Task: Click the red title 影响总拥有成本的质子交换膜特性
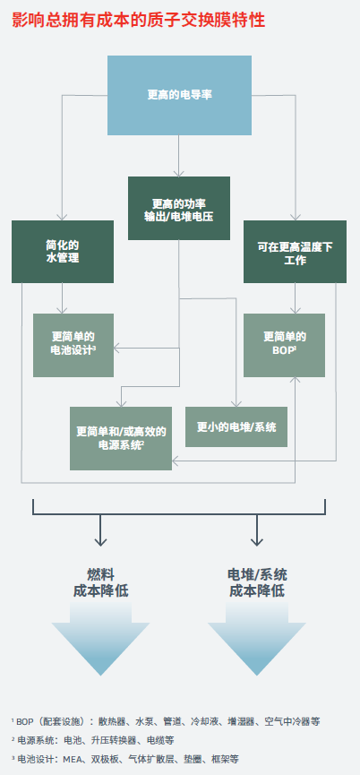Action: pyautogui.click(x=138, y=20)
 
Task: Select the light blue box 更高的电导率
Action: pyautogui.click(x=179, y=95)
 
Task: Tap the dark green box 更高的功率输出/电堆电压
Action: pyautogui.click(x=179, y=208)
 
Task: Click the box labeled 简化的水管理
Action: pyautogui.click(x=63, y=251)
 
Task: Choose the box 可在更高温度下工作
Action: pyautogui.click(x=295, y=251)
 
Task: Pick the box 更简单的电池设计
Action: pyautogui.click(x=73, y=345)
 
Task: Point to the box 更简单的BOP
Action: pyautogui.click(x=285, y=345)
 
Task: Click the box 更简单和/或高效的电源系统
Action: pyautogui.click(x=121, y=438)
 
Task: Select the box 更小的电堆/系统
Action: pyautogui.click(x=236, y=426)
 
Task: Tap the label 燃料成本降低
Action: pyautogui.click(x=100, y=582)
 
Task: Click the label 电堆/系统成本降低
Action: pyautogui.click(x=257, y=582)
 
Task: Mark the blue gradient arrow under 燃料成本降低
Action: pyautogui.click(x=100, y=639)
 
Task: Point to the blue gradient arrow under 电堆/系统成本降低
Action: pyautogui.click(x=257, y=639)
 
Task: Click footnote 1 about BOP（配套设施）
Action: pyautogui.click(x=166, y=721)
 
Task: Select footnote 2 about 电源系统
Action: pyautogui.click(x=92, y=740)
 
